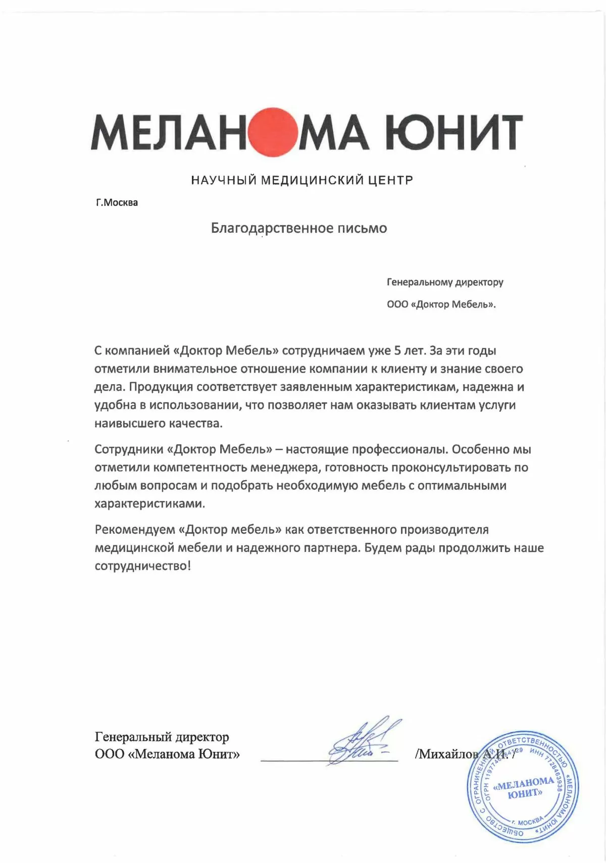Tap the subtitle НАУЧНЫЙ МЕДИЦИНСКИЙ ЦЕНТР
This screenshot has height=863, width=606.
[302, 180]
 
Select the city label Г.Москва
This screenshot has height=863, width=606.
[117, 203]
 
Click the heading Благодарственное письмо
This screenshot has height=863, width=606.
[299, 228]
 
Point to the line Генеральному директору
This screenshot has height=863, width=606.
[445, 282]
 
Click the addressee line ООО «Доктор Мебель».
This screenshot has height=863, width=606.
[441, 304]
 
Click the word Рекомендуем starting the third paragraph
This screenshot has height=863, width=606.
[134, 530]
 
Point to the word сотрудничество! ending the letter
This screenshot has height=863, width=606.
[143, 566]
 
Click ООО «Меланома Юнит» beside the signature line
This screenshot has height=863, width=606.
[167, 754]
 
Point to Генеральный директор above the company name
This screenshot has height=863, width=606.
[162, 737]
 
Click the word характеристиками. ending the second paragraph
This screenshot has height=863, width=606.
[149, 504]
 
